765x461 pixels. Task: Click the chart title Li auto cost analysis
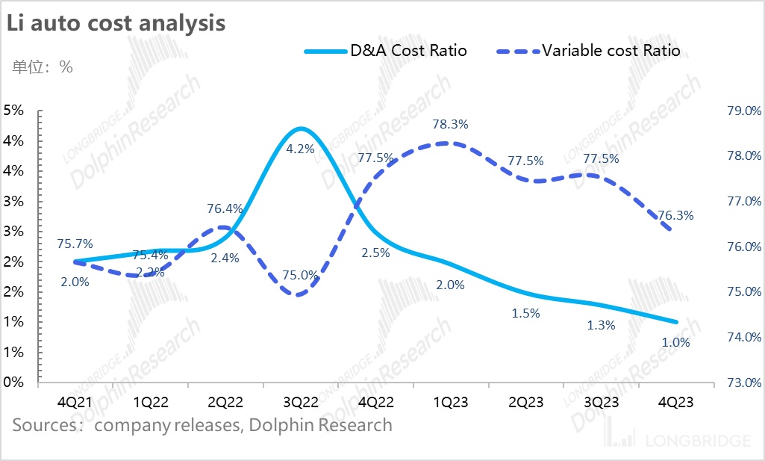click(x=116, y=22)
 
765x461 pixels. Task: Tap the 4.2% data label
click(x=300, y=149)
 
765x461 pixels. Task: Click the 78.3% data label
click(x=451, y=124)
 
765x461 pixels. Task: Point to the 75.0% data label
click(x=300, y=274)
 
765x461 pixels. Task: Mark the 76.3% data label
click(x=676, y=215)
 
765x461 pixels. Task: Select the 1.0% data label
click(x=676, y=343)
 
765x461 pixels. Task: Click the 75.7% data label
click(x=75, y=244)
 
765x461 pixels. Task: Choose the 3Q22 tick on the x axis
click(x=300, y=402)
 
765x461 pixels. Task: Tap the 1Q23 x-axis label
click(x=451, y=402)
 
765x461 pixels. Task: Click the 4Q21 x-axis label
click(x=75, y=402)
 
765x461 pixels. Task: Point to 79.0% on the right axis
click(x=743, y=111)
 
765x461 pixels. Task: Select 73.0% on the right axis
click(x=743, y=383)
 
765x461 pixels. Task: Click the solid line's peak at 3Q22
click(x=300, y=129)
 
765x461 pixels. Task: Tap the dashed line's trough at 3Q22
click(x=299, y=294)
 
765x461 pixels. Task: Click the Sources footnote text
click(x=202, y=425)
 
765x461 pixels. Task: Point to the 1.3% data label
click(x=601, y=325)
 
